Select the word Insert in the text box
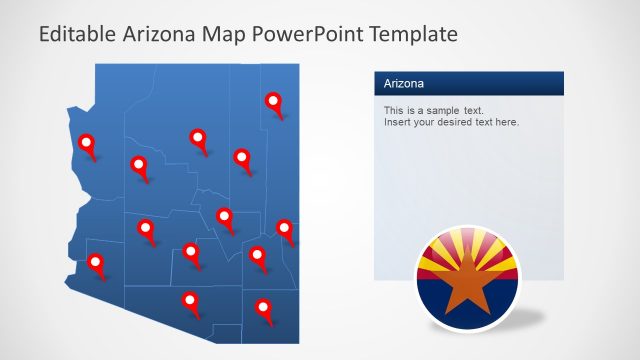[x=397, y=122]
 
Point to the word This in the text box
[x=394, y=110]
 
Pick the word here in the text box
[x=507, y=122]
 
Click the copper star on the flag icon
[x=468, y=282]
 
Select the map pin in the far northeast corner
[x=273, y=102]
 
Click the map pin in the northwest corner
[x=88, y=145]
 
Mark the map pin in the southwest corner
[x=96, y=265]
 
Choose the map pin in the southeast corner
[x=264, y=309]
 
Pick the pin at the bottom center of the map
[x=189, y=301]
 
